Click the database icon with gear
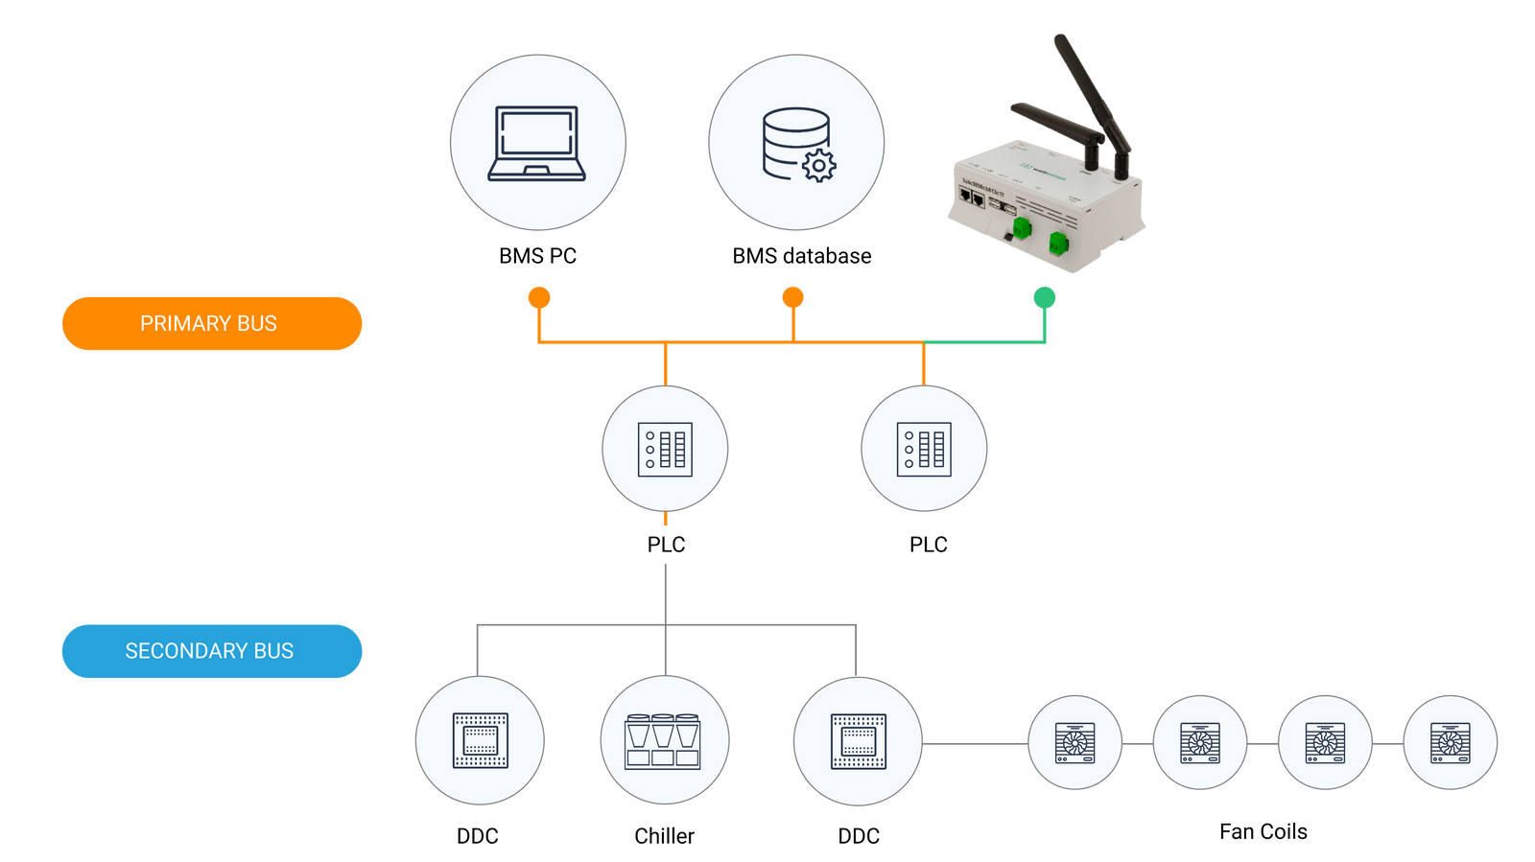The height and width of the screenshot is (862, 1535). coord(797,143)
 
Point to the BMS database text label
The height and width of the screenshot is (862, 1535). coord(802,256)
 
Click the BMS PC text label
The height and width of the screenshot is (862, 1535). coord(537,256)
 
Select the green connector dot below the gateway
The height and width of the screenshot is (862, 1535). coord(1044,297)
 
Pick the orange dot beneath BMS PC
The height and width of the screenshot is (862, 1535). coord(539,297)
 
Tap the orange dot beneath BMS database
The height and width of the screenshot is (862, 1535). coord(792,297)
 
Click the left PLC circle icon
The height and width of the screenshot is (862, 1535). coord(665,449)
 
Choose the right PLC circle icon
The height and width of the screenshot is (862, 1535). coord(924,449)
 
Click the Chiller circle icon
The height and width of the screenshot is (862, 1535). coord(664,741)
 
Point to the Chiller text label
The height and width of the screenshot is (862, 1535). coord(664,836)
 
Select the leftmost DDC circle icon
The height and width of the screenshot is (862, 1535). coord(480,741)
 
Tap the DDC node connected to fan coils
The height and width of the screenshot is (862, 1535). coord(858,741)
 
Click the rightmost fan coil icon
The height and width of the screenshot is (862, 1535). coord(1450,742)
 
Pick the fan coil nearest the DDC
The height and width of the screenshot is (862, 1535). coord(1074,742)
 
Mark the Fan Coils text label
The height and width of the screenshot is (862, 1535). coord(1263,831)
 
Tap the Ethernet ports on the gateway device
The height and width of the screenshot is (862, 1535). coord(972,198)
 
